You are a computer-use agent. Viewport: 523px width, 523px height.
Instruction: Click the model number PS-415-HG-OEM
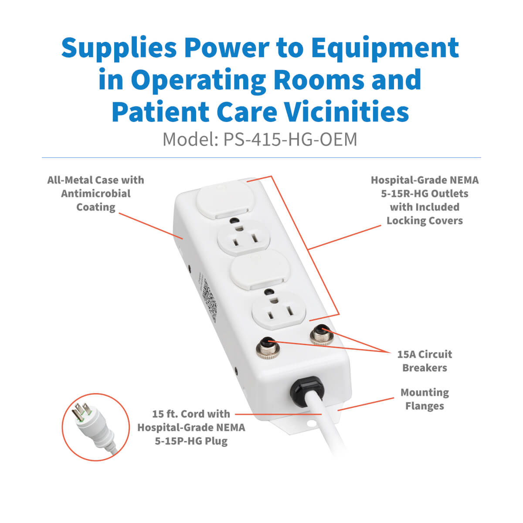[x=290, y=139]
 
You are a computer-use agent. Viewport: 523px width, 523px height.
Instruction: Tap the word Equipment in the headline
[x=385, y=48]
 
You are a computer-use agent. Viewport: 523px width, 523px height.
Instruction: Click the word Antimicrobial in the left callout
[x=96, y=194]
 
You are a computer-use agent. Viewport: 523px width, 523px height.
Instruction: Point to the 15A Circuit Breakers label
[x=425, y=361]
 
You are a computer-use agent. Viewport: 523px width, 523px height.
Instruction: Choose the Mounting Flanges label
[x=425, y=399]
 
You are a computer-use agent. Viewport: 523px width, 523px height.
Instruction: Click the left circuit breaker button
[x=268, y=348]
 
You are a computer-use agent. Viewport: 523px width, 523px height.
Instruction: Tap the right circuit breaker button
[x=322, y=334]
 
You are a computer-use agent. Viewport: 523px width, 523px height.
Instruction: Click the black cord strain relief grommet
[x=307, y=391]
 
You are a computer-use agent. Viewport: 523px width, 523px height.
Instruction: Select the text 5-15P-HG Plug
[x=191, y=441]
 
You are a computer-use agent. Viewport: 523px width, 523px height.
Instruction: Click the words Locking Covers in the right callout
[x=425, y=221]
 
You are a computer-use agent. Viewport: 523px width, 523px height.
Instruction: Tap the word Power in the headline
[x=227, y=48]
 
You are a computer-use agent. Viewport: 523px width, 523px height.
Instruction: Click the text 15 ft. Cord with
[x=191, y=414]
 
